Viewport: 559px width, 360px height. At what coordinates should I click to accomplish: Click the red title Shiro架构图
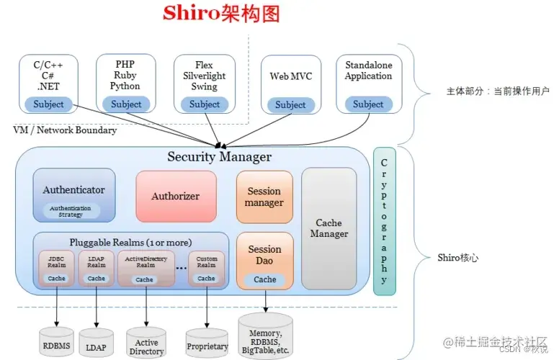(220, 14)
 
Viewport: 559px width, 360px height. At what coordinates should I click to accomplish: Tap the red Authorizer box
(175, 196)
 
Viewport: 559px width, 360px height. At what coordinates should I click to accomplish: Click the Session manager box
(264, 197)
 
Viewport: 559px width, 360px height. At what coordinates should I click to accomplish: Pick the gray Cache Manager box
(328, 229)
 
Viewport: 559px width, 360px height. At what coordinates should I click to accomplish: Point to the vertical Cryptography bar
(385, 221)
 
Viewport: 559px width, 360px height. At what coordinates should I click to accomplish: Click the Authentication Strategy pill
(71, 210)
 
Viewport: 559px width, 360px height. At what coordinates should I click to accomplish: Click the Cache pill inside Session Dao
(264, 279)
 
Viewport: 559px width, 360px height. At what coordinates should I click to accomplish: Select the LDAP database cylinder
(97, 344)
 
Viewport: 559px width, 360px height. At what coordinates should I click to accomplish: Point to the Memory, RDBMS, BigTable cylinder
(267, 334)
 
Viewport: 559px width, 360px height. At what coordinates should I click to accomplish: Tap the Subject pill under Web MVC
(290, 105)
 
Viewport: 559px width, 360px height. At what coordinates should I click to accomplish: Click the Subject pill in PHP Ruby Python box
(127, 104)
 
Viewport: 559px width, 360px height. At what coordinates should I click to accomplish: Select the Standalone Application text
(368, 71)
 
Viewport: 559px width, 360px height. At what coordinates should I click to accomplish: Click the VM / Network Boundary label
(65, 130)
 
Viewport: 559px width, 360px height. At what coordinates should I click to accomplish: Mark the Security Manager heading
(219, 156)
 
